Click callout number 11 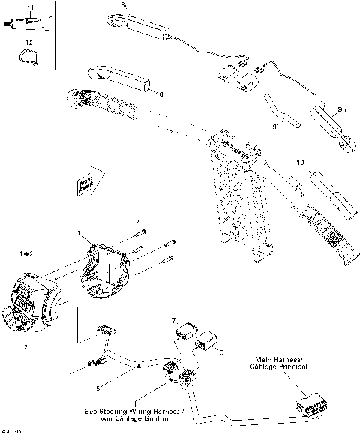click(x=29, y=7)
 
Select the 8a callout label click(x=125, y=6)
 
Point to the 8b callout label click(x=342, y=110)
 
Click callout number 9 click(x=274, y=127)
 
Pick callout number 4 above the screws click(x=138, y=222)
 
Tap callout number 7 click(x=174, y=319)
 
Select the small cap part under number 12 click(x=28, y=56)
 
